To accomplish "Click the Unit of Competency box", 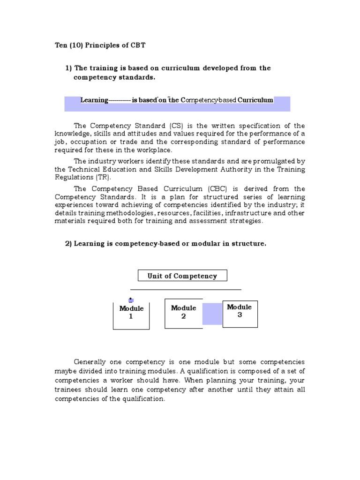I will click(182, 276).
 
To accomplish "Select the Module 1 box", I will click(131, 315).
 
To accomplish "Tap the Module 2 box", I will click(183, 314).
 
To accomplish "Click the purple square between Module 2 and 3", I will click(212, 314).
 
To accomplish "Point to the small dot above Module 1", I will click(131, 300).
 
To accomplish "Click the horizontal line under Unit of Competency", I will click(186, 290).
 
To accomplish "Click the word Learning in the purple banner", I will click(94, 100).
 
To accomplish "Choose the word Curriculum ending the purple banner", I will click(255, 100).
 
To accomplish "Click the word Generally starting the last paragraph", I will click(91, 362).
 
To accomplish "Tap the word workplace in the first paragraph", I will click(155, 150).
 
